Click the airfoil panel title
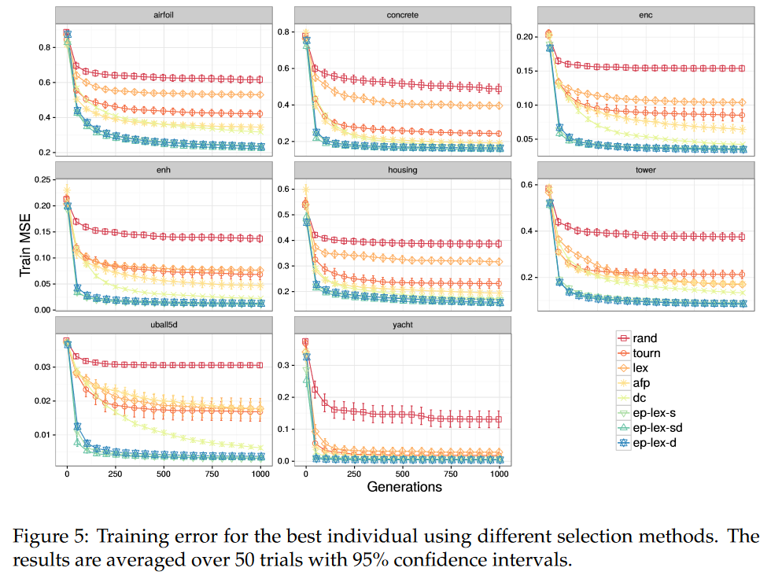point(164,15)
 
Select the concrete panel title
point(403,15)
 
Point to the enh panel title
point(164,169)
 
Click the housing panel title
point(403,169)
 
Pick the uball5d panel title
point(164,324)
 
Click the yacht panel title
point(403,324)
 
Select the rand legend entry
point(645,338)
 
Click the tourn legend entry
point(647,353)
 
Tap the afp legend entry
point(643,383)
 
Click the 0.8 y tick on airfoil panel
point(44,47)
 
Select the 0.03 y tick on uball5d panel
point(42,367)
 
